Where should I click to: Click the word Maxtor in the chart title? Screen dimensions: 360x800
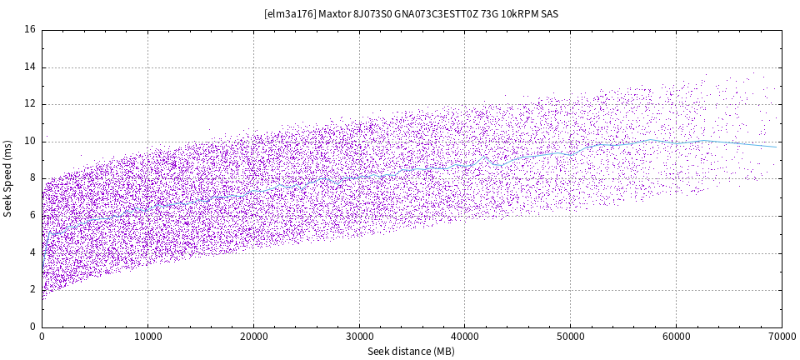(x=334, y=14)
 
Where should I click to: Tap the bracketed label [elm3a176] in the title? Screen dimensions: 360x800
(x=288, y=14)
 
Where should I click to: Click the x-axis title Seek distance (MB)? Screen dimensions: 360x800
(x=412, y=352)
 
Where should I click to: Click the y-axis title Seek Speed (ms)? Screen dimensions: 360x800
(x=8, y=178)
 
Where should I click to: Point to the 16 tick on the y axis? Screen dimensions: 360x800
(x=30, y=30)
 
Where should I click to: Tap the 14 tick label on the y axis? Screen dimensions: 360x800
(x=30, y=67)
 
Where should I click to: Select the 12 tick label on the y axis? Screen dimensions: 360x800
(x=30, y=104)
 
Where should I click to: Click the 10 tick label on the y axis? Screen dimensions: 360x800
(x=30, y=142)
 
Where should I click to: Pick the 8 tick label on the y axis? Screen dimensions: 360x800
(x=32, y=178)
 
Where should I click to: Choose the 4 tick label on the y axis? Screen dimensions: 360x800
(x=32, y=252)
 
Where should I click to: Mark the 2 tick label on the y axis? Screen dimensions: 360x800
(x=32, y=290)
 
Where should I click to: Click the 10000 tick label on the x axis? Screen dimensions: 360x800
(x=147, y=337)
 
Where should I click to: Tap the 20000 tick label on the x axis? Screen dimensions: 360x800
(x=253, y=337)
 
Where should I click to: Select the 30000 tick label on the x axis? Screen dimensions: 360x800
(x=359, y=337)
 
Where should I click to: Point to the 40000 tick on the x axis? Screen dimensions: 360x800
(x=464, y=337)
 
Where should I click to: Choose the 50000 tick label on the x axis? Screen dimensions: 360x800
(x=570, y=337)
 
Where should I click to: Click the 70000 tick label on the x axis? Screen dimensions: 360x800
(x=781, y=337)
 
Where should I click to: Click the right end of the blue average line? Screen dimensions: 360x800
(x=777, y=147)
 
